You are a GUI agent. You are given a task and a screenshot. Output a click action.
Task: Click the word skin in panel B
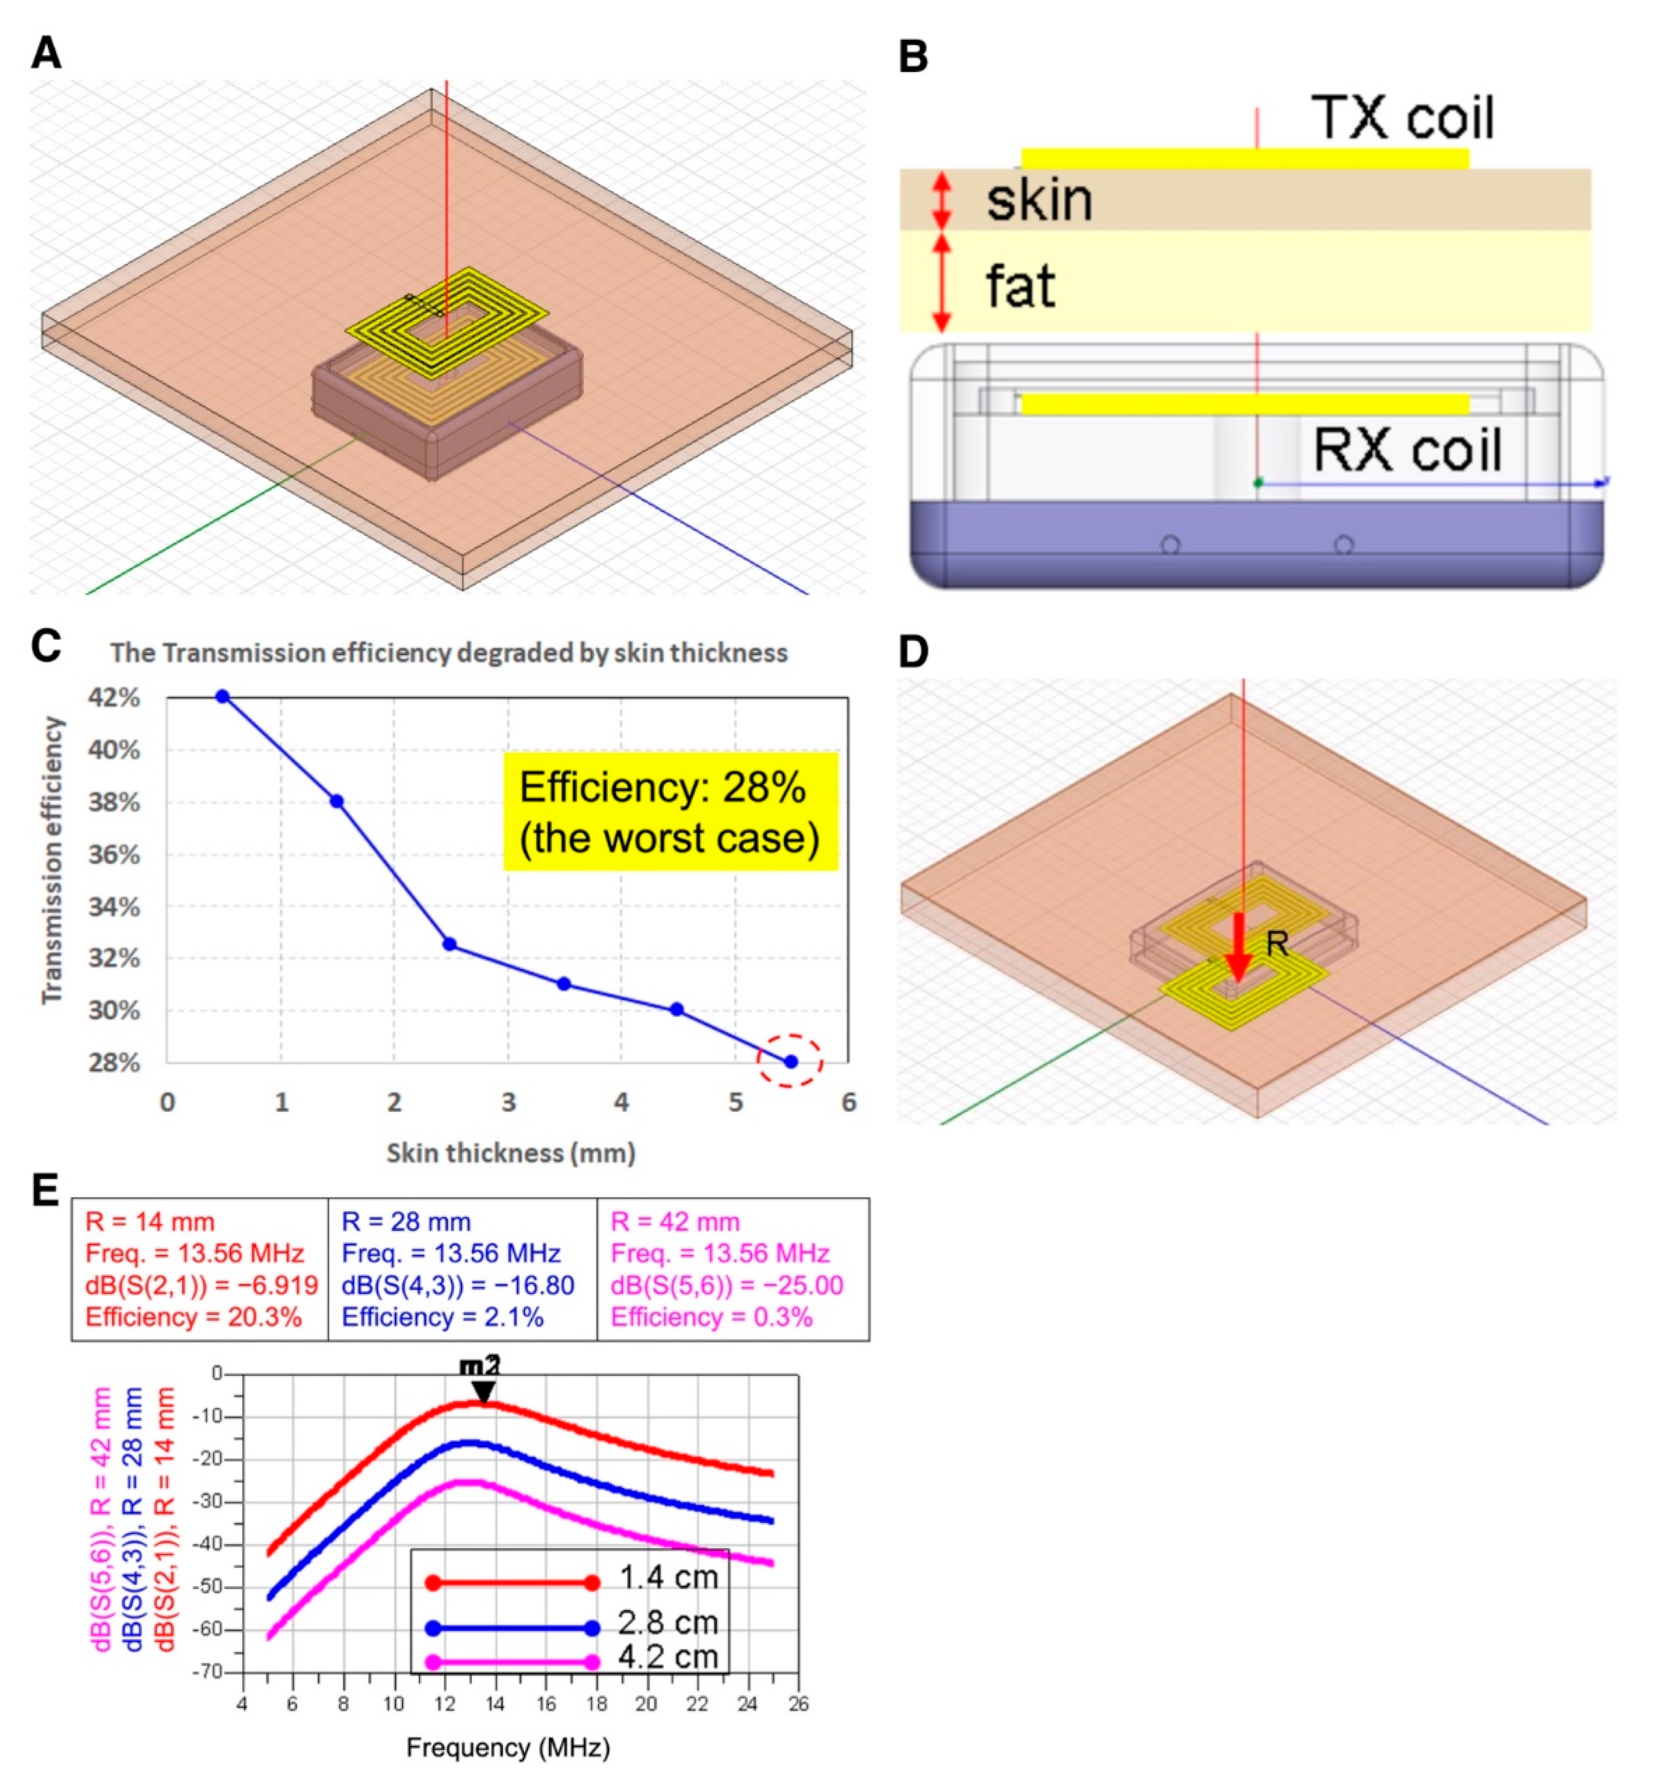point(1039,200)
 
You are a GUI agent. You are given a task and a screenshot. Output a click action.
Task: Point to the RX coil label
point(1407,450)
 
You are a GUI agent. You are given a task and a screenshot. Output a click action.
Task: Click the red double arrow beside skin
point(941,200)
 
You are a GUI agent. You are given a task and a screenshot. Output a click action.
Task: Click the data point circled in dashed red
point(790,1061)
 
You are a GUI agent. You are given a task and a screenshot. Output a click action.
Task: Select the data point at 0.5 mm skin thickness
point(223,696)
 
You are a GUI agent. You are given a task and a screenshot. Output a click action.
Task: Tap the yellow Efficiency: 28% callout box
point(670,812)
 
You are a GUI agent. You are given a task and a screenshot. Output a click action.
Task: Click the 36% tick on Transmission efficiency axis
point(114,855)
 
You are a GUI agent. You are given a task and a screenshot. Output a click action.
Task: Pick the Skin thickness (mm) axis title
point(511,1153)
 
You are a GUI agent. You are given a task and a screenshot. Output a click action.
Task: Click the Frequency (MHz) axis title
point(508,1747)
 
